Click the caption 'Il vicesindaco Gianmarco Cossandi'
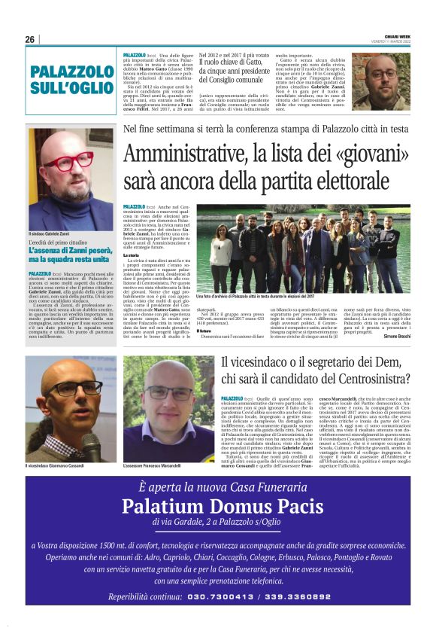(x=62, y=468)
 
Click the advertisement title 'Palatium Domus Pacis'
(x=217, y=505)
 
